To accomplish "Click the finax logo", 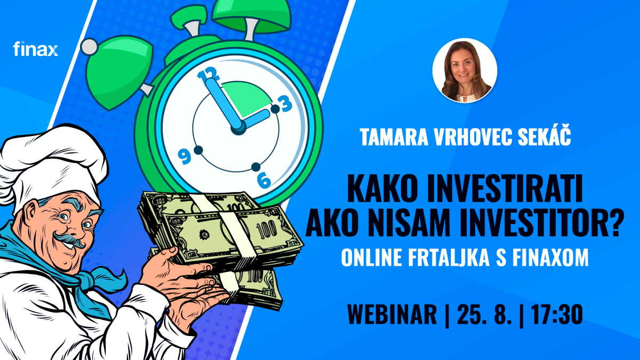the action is (35, 49).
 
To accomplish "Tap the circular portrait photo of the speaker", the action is (465, 70).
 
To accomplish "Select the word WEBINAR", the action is (392, 314).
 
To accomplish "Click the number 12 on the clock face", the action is (209, 74).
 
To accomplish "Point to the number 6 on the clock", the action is (263, 180).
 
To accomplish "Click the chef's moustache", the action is (69, 239).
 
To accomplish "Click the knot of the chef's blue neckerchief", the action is (89, 278).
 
